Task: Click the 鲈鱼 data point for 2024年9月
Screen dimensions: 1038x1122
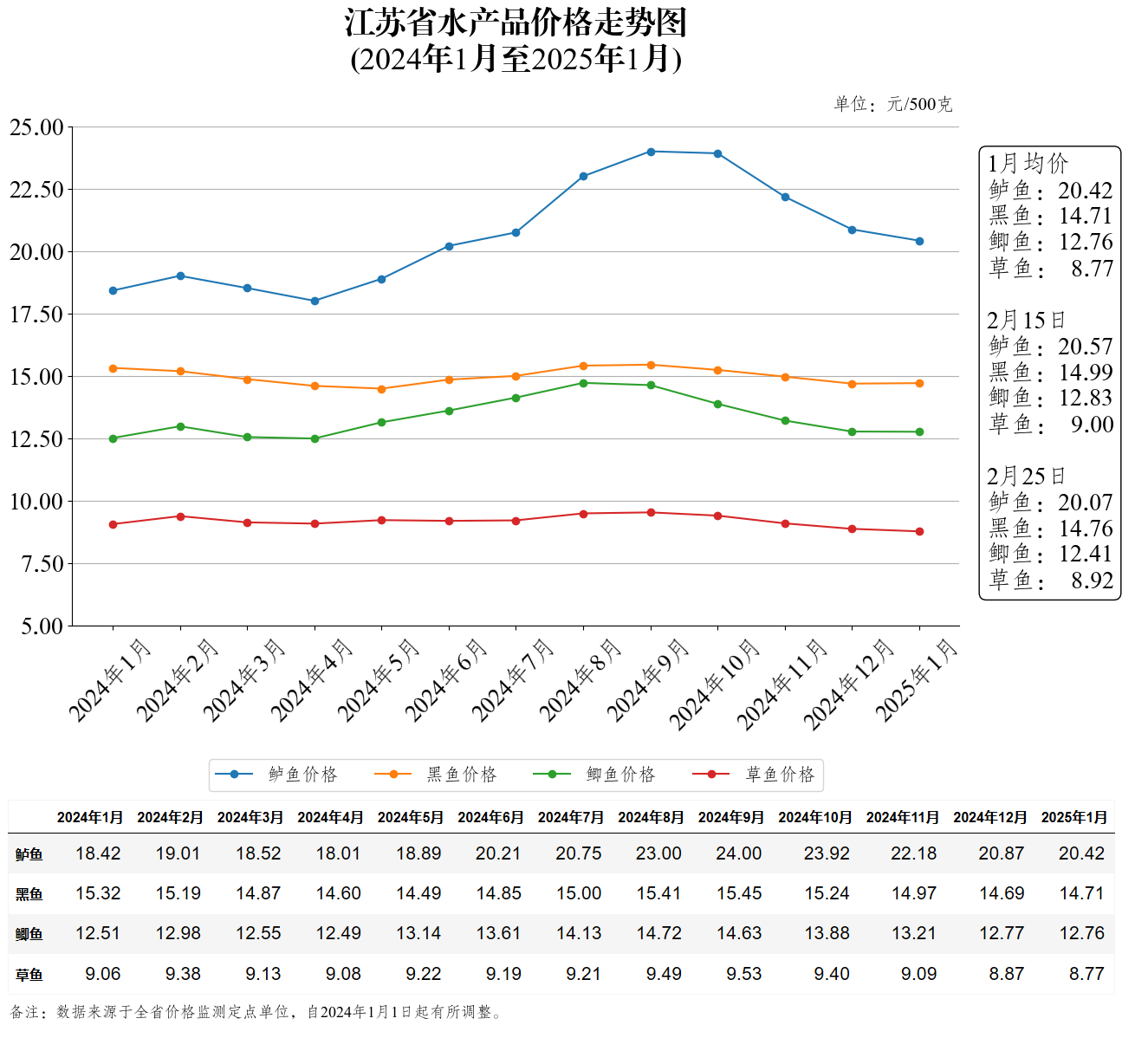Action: click(x=651, y=152)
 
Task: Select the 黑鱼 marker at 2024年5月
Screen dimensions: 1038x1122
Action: click(x=382, y=389)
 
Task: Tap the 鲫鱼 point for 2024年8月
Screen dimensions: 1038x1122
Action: click(x=583, y=383)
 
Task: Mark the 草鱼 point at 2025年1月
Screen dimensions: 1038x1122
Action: click(x=919, y=531)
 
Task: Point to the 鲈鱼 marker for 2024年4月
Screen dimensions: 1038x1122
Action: click(x=315, y=301)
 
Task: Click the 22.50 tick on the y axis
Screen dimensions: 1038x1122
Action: click(x=36, y=190)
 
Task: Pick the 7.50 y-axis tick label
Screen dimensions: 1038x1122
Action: click(x=36, y=564)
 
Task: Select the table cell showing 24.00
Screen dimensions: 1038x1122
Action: click(x=738, y=853)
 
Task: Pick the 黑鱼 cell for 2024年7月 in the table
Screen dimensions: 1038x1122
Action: click(x=578, y=893)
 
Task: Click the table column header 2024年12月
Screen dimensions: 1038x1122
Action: click(x=989, y=817)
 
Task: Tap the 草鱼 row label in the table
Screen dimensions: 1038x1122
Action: click(x=29, y=975)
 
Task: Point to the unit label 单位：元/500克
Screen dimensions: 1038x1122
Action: click(x=892, y=105)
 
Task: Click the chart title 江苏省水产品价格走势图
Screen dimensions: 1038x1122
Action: click(x=516, y=23)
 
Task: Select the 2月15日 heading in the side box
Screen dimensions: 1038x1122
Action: click(x=1026, y=320)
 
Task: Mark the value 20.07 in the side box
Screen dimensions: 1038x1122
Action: click(x=1085, y=503)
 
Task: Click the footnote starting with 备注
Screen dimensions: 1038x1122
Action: click(x=256, y=1012)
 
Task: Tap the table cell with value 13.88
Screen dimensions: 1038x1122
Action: click(x=827, y=933)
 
